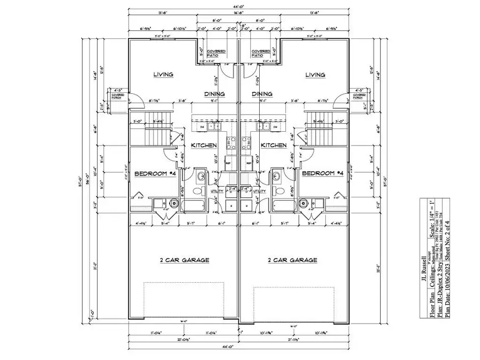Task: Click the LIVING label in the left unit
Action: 163,75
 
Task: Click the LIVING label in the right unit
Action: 315,75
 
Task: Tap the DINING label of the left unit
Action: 214,94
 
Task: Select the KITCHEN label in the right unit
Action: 274,145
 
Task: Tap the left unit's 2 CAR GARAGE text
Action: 185,260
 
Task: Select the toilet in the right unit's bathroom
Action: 278,190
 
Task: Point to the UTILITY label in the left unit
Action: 218,191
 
